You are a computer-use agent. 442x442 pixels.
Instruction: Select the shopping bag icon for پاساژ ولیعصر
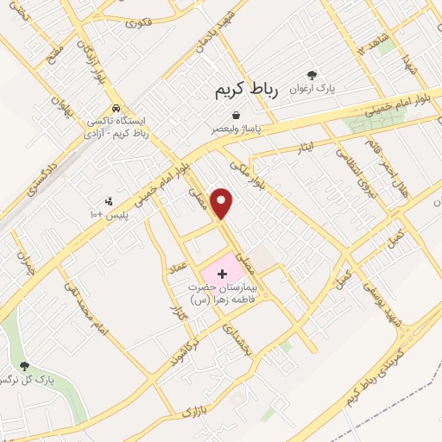click(237, 115)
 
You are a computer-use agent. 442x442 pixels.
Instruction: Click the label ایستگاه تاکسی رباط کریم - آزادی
click(121, 129)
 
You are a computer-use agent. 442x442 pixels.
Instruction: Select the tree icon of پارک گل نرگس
click(24, 366)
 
